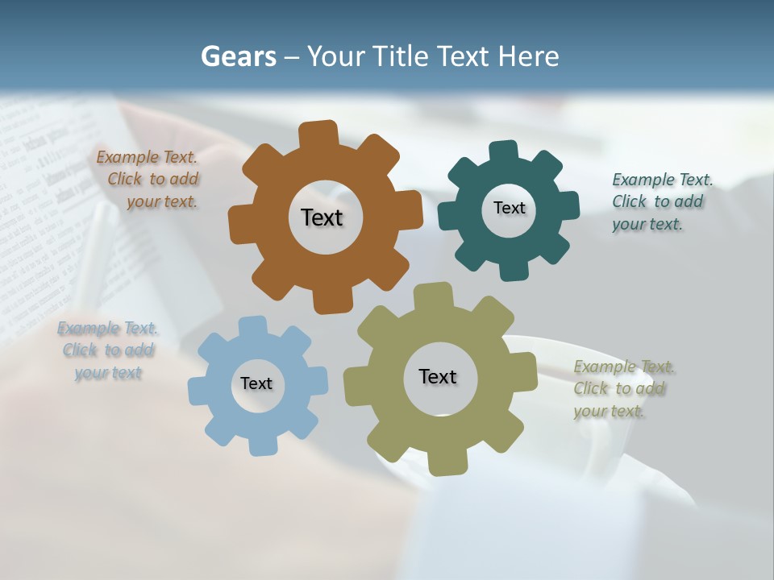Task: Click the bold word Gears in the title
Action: [238, 56]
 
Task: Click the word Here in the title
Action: [528, 56]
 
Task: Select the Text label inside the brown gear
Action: [322, 217]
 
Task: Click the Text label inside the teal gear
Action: [509, 208]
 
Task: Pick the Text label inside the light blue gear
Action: [256, 383]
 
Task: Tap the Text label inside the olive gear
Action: [438, 376]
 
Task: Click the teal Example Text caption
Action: [661, 201]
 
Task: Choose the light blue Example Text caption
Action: [108, 350]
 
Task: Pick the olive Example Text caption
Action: [623, 389]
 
